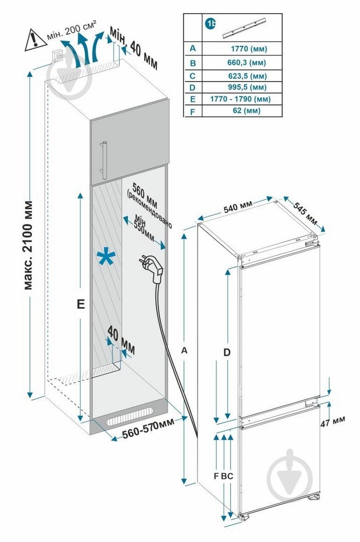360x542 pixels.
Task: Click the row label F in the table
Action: [192, 111]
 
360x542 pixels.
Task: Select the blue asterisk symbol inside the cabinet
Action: [106, 258]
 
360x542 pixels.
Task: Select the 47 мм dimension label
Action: [332, 422]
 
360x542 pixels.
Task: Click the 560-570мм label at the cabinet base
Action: [149, 430]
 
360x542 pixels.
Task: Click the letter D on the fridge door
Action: [227, 353]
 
